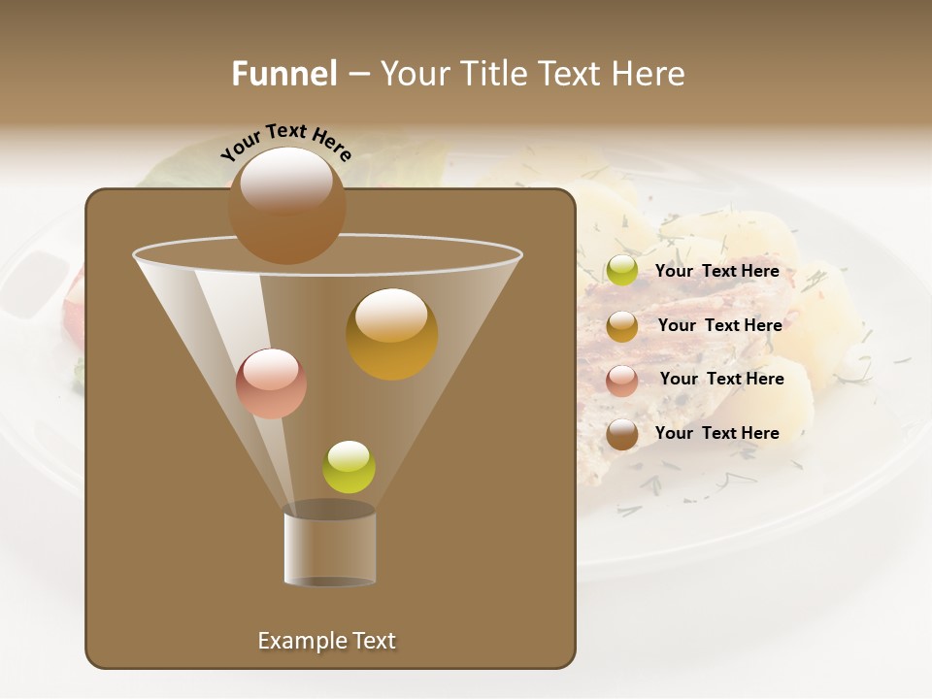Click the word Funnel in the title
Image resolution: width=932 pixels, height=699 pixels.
coord(283,74)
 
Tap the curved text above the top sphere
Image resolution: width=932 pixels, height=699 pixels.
coord(286,141)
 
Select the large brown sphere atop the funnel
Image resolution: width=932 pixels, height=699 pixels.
coord(286,205)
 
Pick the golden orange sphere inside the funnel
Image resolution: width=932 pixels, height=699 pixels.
coord(392,334)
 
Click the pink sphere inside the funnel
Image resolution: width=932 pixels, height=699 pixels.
coord(271,383)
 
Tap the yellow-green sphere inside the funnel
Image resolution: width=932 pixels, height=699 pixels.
coord(349,467)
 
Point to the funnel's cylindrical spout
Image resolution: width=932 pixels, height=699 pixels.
coord(330,546)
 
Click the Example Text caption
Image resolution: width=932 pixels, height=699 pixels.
coord(326,641)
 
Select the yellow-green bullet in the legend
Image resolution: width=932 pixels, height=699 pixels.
coord(622,271)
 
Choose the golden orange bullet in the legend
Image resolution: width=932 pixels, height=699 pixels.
coord(622,326)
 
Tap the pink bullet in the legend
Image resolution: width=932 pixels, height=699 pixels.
coord(622,381)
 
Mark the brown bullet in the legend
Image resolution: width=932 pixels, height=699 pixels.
coord(622,434)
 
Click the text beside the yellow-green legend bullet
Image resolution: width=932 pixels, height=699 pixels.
coord(716,272)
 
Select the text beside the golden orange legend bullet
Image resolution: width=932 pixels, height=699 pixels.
coord(719,325)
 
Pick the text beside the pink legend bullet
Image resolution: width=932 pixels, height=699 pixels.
coord(721,379)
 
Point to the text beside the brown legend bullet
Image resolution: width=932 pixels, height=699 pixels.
coord(716,433)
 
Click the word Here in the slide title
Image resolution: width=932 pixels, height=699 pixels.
coord(648,74)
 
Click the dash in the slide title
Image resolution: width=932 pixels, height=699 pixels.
coord(358,74)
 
